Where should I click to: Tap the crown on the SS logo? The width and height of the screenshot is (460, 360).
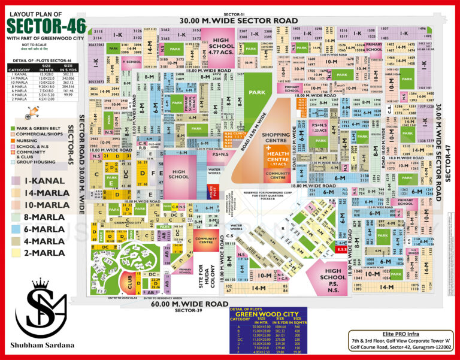(41, 284)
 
